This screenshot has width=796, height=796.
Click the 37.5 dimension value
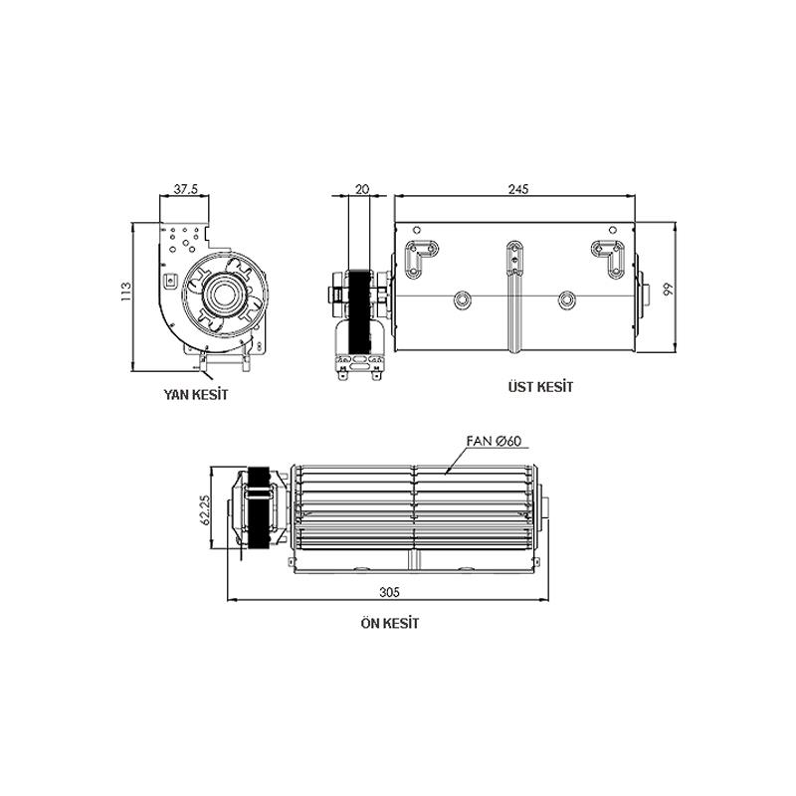pos(185,189)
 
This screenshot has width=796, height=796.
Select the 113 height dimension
pos(126,293)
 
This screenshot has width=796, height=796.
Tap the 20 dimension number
pos(362,189)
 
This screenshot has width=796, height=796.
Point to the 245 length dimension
pos(518,189)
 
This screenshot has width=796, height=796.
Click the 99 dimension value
pos(669,290)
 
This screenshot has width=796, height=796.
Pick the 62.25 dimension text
pos(206,509)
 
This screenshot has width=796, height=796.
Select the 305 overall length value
pos(389,592)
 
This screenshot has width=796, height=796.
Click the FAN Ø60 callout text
pos(494,441)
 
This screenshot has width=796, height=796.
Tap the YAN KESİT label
pos(196,394)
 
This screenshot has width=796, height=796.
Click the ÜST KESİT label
pos(540,387)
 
